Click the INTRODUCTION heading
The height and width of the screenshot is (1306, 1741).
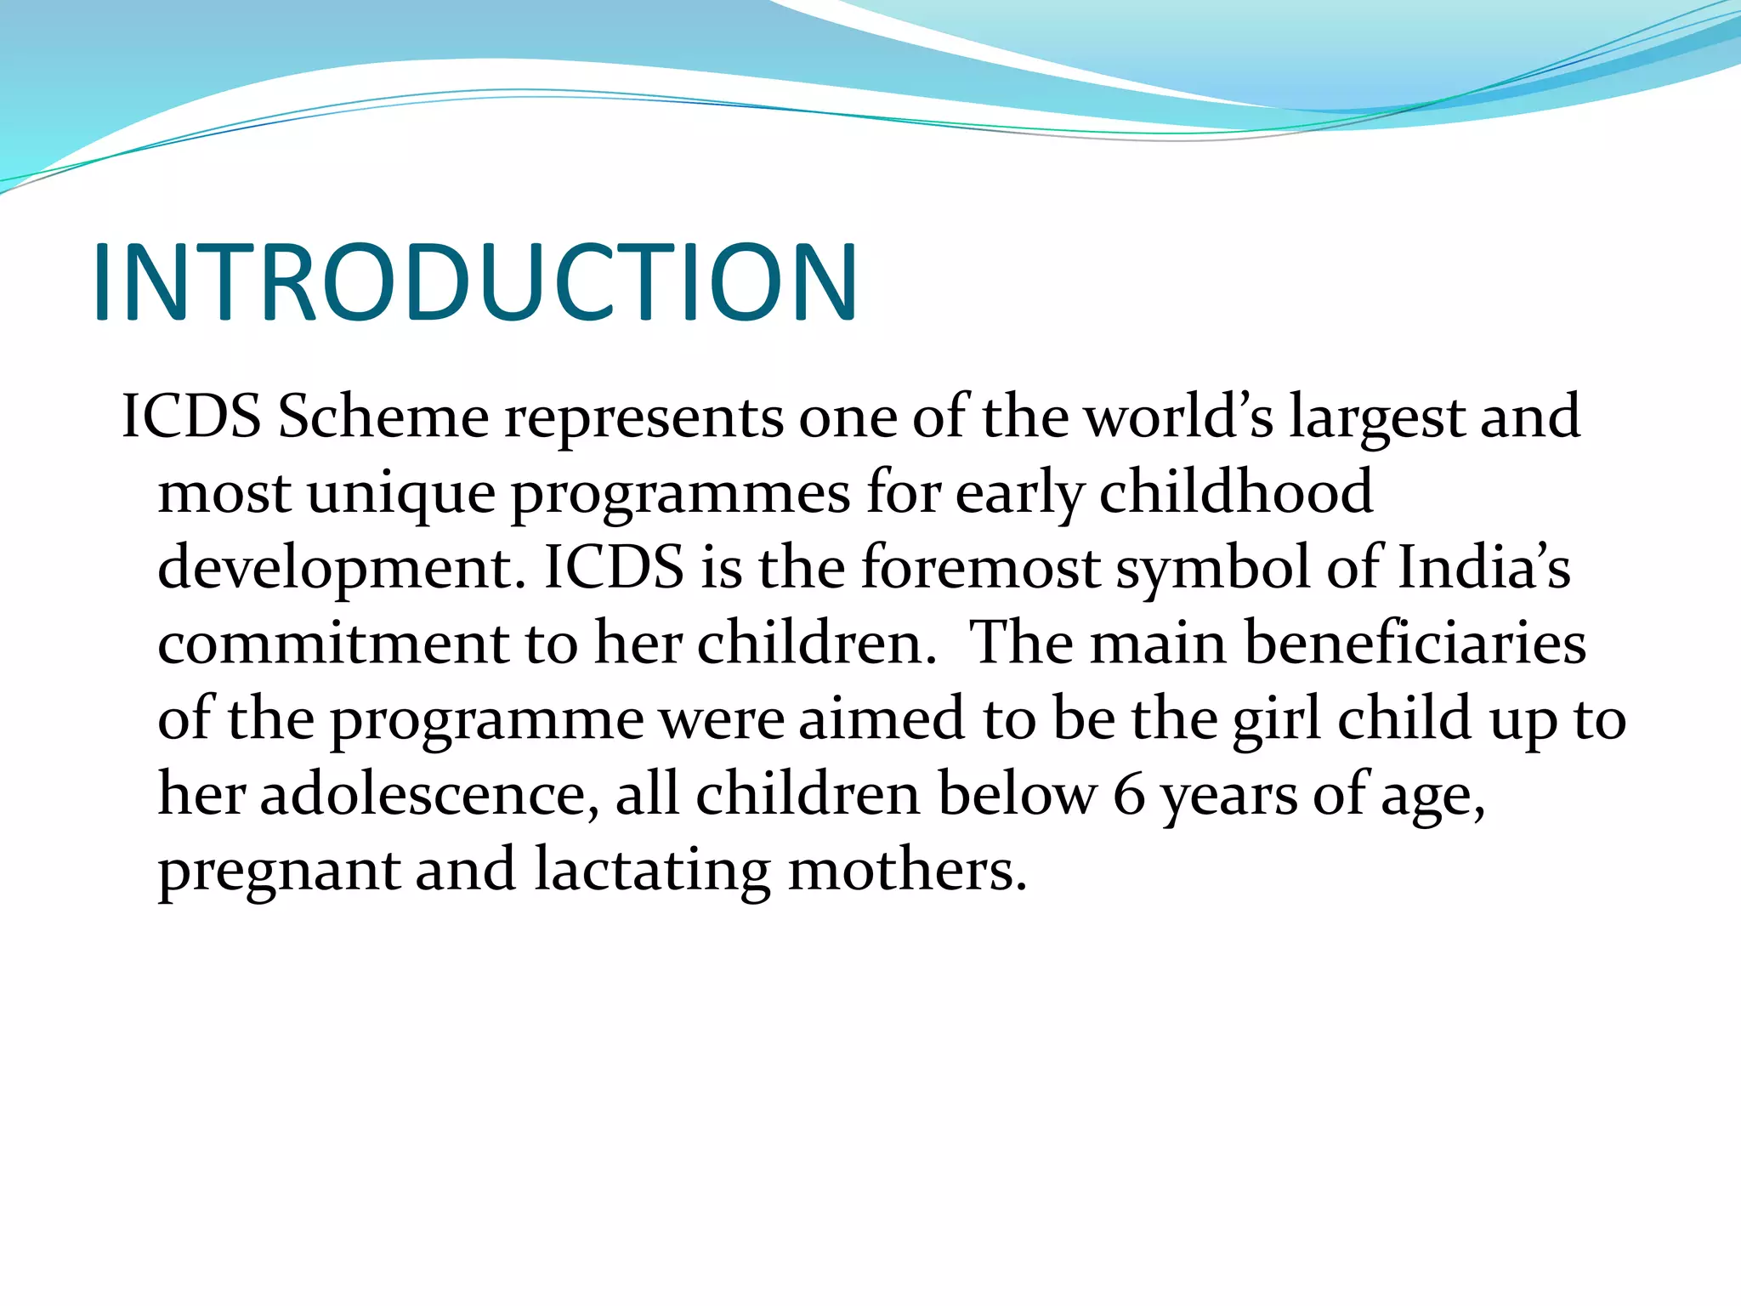click(476, 282)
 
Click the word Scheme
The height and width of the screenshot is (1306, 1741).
click(383, 417)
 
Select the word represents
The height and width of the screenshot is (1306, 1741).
click(644, 418)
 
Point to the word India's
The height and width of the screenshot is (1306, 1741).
click(1484, 567)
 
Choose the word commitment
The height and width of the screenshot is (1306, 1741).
click(332, 643)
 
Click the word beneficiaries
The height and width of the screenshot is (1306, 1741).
click(1415, 643)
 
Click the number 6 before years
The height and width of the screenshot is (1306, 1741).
click(1129, 796)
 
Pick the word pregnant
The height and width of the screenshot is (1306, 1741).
click(279, 872)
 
